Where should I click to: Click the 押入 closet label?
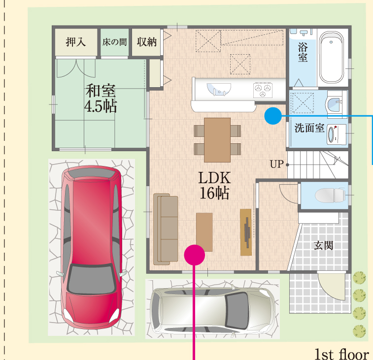pyautogui.click(x=76, y=42)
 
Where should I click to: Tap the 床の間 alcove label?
pyautogui.click(x=114, y=42)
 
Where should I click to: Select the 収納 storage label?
pyautogui.click(x=146, y=42)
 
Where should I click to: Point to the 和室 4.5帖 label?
pyautogui.click(x=101, y=98)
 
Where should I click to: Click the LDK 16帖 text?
pyautogui.click(x=214, y=185)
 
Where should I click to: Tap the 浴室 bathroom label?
pyautogui.click(x=303, y=52)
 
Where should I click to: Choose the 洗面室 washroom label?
pyautogui.click(x=309, y=128)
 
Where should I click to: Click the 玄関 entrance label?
pyautogui.click(x=323, y=245)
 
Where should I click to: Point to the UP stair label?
pyautogui.click(x=277, y=164)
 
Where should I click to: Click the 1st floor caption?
pyautogui.click(x=342, y=354)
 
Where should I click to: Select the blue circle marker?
pyautogui.click(x=273, y=116)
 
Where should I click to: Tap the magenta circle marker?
pyautogui.click(x=195, y=255)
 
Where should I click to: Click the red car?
pyautogui.click(x=92, y=247)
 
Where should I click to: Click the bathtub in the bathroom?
pyautogui.click(x=332, y=58)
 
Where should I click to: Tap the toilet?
pyautogui.click(x=330, y=195)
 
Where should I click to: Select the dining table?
pyautogui.click(x=217, y=140)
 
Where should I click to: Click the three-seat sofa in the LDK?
pyautogui.click(x=166, y=229)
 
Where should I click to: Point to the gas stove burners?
pyautogui.click(x=263, y=90)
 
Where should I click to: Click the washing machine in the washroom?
pyautogui.click(x=336, y=134)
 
